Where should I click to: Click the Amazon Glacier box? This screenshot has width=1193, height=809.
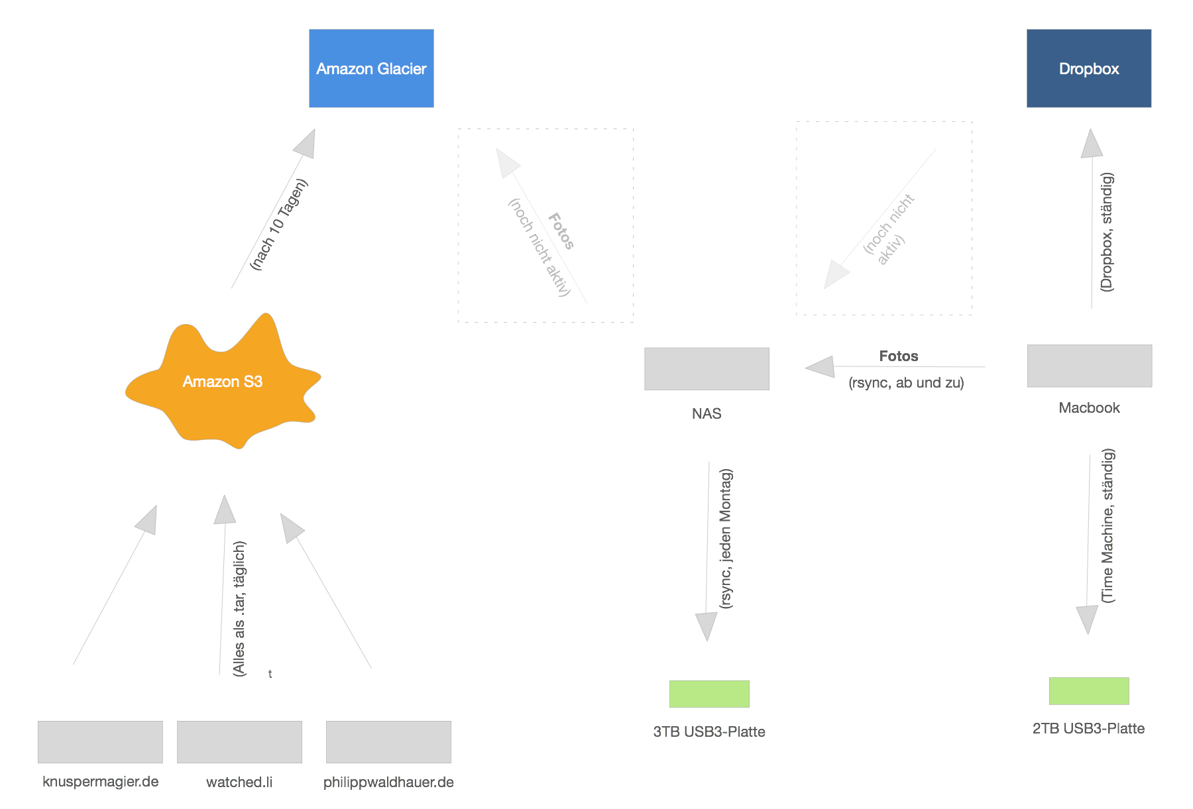pyautogui.click(x=371, y=68)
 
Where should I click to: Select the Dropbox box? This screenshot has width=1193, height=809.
pyautogui.click(x=1089, y=68)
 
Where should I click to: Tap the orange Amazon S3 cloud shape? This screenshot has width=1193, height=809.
pyautogui.click(x=223, y=382)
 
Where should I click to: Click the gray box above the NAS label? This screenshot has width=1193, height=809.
pyautogui.click(x=707, y=368)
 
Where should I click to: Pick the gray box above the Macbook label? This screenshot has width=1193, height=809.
pyautogui.click(x=1090, y=366)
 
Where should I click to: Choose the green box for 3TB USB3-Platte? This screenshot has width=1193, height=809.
pyautogui.click(x=709, y=694)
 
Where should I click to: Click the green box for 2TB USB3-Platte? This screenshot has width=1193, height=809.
pyautogui.click(x=1088, y=691)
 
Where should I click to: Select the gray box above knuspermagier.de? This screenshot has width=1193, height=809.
pyautogui.click(x=100, y=742)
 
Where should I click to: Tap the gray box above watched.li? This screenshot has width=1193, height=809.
pyautogui.click(x=239, y=742)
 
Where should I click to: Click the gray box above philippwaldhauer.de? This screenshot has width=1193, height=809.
pyautogui.click(x=388, y=742)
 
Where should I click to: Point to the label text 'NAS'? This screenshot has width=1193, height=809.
pyautogui.click(x=707, y=413)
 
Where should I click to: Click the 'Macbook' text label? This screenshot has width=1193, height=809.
pyautogui.click(x=1089, y=407)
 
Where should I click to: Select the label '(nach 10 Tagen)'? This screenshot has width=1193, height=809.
pyautogui.click(x=279, y=225)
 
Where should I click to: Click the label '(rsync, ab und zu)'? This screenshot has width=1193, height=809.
pyautogui.click(x=906, y=383)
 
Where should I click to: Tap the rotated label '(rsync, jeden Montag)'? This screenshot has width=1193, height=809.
pyautogui.click(x=726, y=538)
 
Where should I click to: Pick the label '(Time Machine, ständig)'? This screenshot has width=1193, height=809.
pyautogui.click(x=1108, y=525)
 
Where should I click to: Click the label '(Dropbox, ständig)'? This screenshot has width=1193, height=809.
pyautogui.click(x=1107, y=232)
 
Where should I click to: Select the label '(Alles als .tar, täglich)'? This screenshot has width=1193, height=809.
pyautogui.click(x=239, y=608)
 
